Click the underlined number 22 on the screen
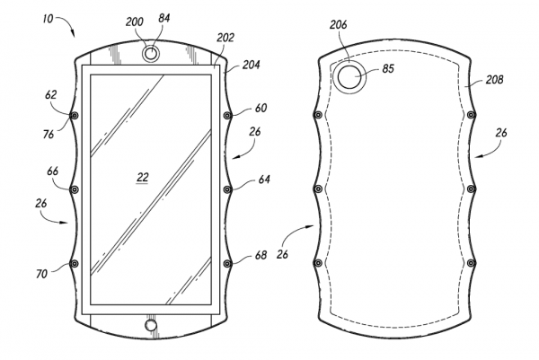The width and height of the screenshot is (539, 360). (x=143, y=177)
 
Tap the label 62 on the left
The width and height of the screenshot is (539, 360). (x=51, y=92)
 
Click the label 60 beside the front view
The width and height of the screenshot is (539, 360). (x=261, y=109)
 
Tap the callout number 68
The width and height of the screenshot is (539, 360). (x=261, y=255)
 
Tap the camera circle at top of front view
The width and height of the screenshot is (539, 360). (x=151, y=54)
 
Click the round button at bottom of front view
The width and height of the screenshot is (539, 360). (x=151, y=324)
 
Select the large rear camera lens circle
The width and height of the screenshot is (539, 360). (x=348, y=77)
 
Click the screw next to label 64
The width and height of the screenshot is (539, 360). (x=227, y=189)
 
